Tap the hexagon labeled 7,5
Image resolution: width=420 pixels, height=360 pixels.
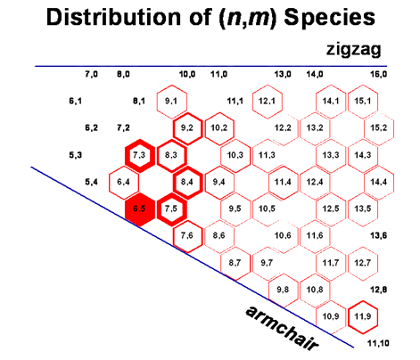point(172,209)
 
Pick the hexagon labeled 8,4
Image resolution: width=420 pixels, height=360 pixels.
point(188,182)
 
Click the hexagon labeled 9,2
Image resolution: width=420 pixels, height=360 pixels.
point(188,128)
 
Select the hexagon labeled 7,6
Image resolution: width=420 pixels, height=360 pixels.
point(188,235)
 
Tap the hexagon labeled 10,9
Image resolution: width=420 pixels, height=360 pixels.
point(330,315)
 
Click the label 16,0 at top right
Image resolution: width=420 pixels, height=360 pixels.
point(378,76)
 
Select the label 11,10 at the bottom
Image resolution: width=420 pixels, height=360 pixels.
point(377,343)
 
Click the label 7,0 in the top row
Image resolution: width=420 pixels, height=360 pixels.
point(91,76)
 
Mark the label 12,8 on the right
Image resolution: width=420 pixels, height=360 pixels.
point(378,290)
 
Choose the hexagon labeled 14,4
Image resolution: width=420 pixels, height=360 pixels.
point(378,182)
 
